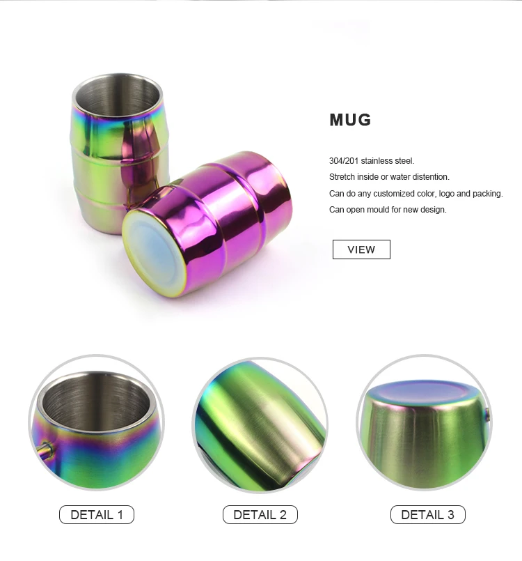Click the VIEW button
[361, 249]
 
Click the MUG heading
[350, 120]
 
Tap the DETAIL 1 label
[97, 515]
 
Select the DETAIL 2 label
[260, 515]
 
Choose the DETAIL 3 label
[427, 515]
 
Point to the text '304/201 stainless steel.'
[372, 161]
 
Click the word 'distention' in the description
[430, 177]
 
